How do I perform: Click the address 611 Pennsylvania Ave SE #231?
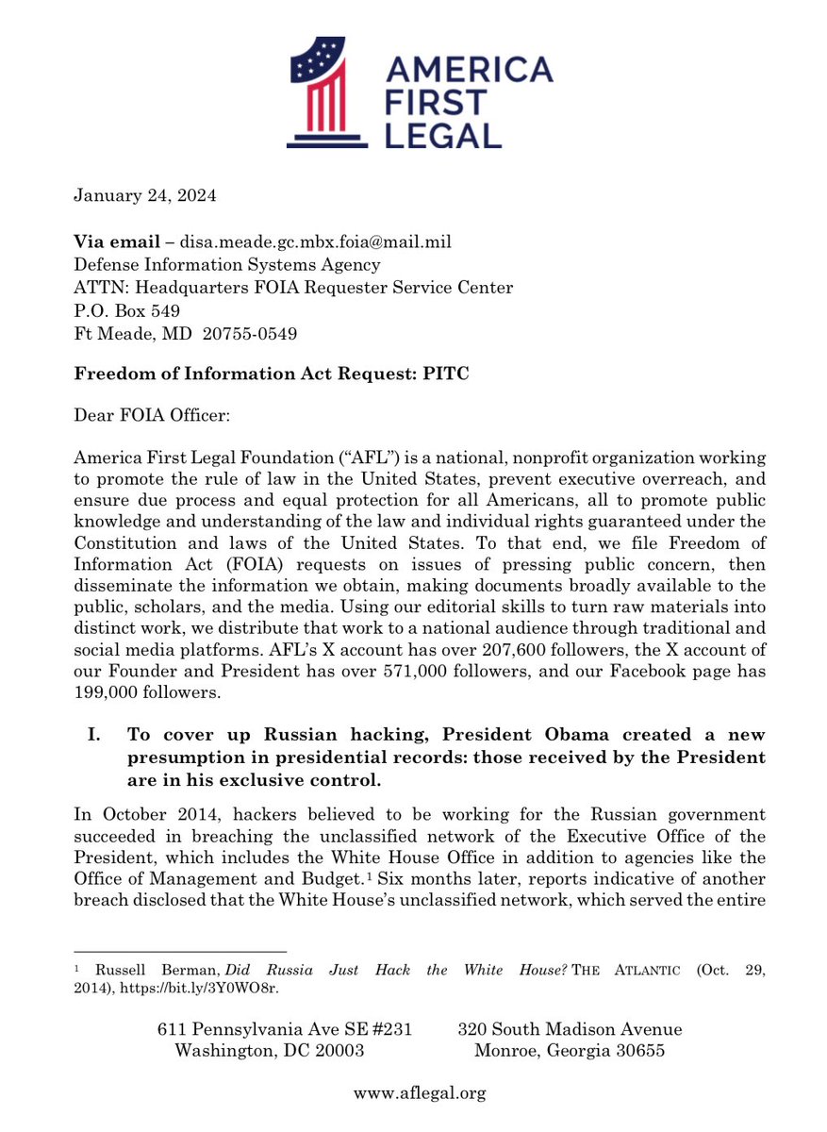pyautogui.click(x=285, y=1029)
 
